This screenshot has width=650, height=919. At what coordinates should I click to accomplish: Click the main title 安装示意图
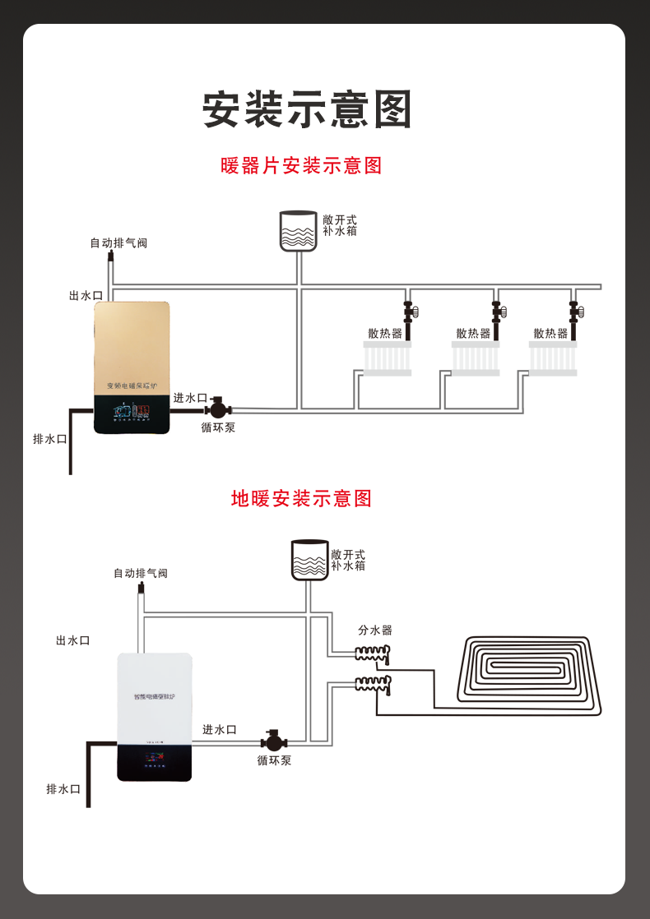(x=306, y=110)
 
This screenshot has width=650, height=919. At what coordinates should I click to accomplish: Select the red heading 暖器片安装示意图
(x=302, y=166)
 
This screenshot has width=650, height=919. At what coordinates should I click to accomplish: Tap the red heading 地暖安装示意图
(x=302, y=498)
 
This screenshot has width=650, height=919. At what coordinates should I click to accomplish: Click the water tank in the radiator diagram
(x=298, y=231)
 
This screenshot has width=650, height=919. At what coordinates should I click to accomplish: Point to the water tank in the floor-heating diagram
(x=309, y=560)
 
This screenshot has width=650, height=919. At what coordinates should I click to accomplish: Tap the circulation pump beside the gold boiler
(x=218, y=409)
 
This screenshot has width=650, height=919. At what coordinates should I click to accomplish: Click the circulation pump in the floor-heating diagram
(x=273, y=740)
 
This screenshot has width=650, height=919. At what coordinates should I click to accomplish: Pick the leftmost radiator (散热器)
(x=387, y=358)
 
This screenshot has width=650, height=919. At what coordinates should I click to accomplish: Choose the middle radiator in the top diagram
(x=475, y=358)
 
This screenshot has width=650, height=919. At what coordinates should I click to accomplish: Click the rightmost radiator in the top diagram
(x=553, y=358)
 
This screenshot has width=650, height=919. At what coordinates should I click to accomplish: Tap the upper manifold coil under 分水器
(x=372, y=653)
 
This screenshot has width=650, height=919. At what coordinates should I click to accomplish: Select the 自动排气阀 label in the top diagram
(x=118, y=243)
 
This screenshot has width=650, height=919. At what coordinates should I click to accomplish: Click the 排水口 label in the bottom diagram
(x=63, y=789)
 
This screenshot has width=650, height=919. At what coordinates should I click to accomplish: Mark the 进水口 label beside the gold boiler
(x=190, y=398)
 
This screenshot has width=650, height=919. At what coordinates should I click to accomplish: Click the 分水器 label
(x=375, y=630)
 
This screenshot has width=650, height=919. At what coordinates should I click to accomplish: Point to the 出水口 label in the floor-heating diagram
(x=72, y=640)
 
